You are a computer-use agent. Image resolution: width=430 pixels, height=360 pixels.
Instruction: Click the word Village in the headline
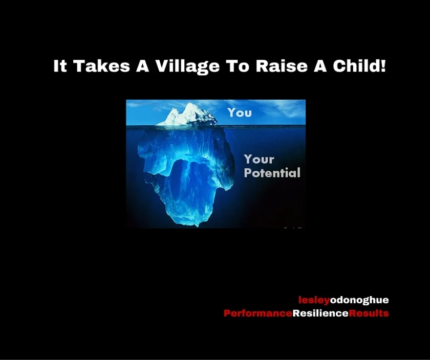pos(178,66)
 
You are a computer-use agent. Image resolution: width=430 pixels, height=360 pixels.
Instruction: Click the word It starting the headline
pos(60,66)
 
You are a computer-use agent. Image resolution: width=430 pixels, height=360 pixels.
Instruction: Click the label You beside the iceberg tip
pos(240,112)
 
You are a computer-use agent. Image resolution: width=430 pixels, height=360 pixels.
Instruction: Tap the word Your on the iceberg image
pos(259,160)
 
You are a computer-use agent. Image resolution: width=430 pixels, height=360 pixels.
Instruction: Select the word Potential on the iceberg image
pos(272,173)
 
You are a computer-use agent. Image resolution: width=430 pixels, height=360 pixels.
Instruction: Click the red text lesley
pos(314,300)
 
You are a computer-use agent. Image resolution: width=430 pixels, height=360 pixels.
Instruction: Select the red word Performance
pos(257,313)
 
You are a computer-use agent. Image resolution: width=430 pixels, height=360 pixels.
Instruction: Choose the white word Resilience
pos(320,313)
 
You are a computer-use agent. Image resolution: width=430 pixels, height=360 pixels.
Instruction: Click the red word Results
pos(369,313)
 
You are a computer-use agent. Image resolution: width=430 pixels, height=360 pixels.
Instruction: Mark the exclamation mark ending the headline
pos(383,66)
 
